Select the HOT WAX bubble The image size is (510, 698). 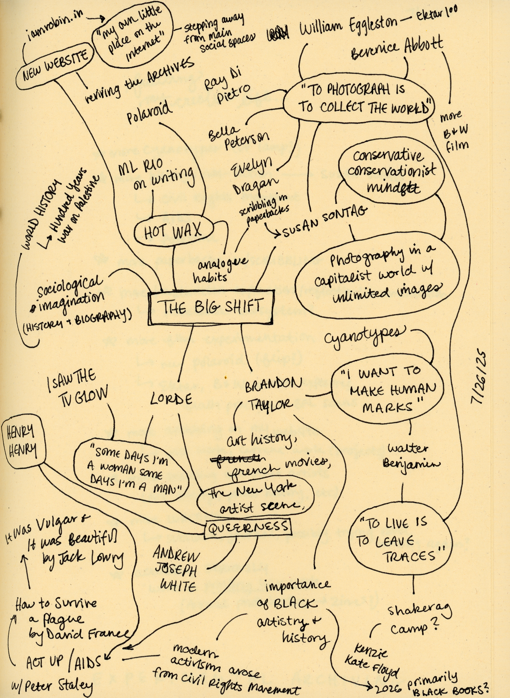(173, 231)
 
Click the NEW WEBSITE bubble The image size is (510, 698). (55, 64)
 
